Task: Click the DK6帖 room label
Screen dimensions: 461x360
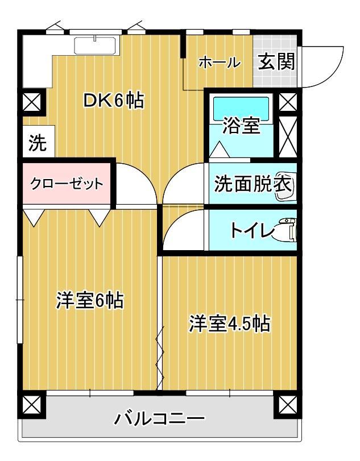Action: pos(113,101)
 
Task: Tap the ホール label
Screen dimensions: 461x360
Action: pos(219,63)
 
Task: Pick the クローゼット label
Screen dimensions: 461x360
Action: pos(67,184)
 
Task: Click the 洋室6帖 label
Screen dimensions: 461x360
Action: pos(89,300)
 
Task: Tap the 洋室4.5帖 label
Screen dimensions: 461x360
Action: pos(229,324)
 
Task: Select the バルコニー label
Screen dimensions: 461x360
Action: pos(160,420)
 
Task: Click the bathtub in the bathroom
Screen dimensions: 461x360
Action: pos(241,107)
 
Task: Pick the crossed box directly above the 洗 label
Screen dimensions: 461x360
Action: pos(32,103)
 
